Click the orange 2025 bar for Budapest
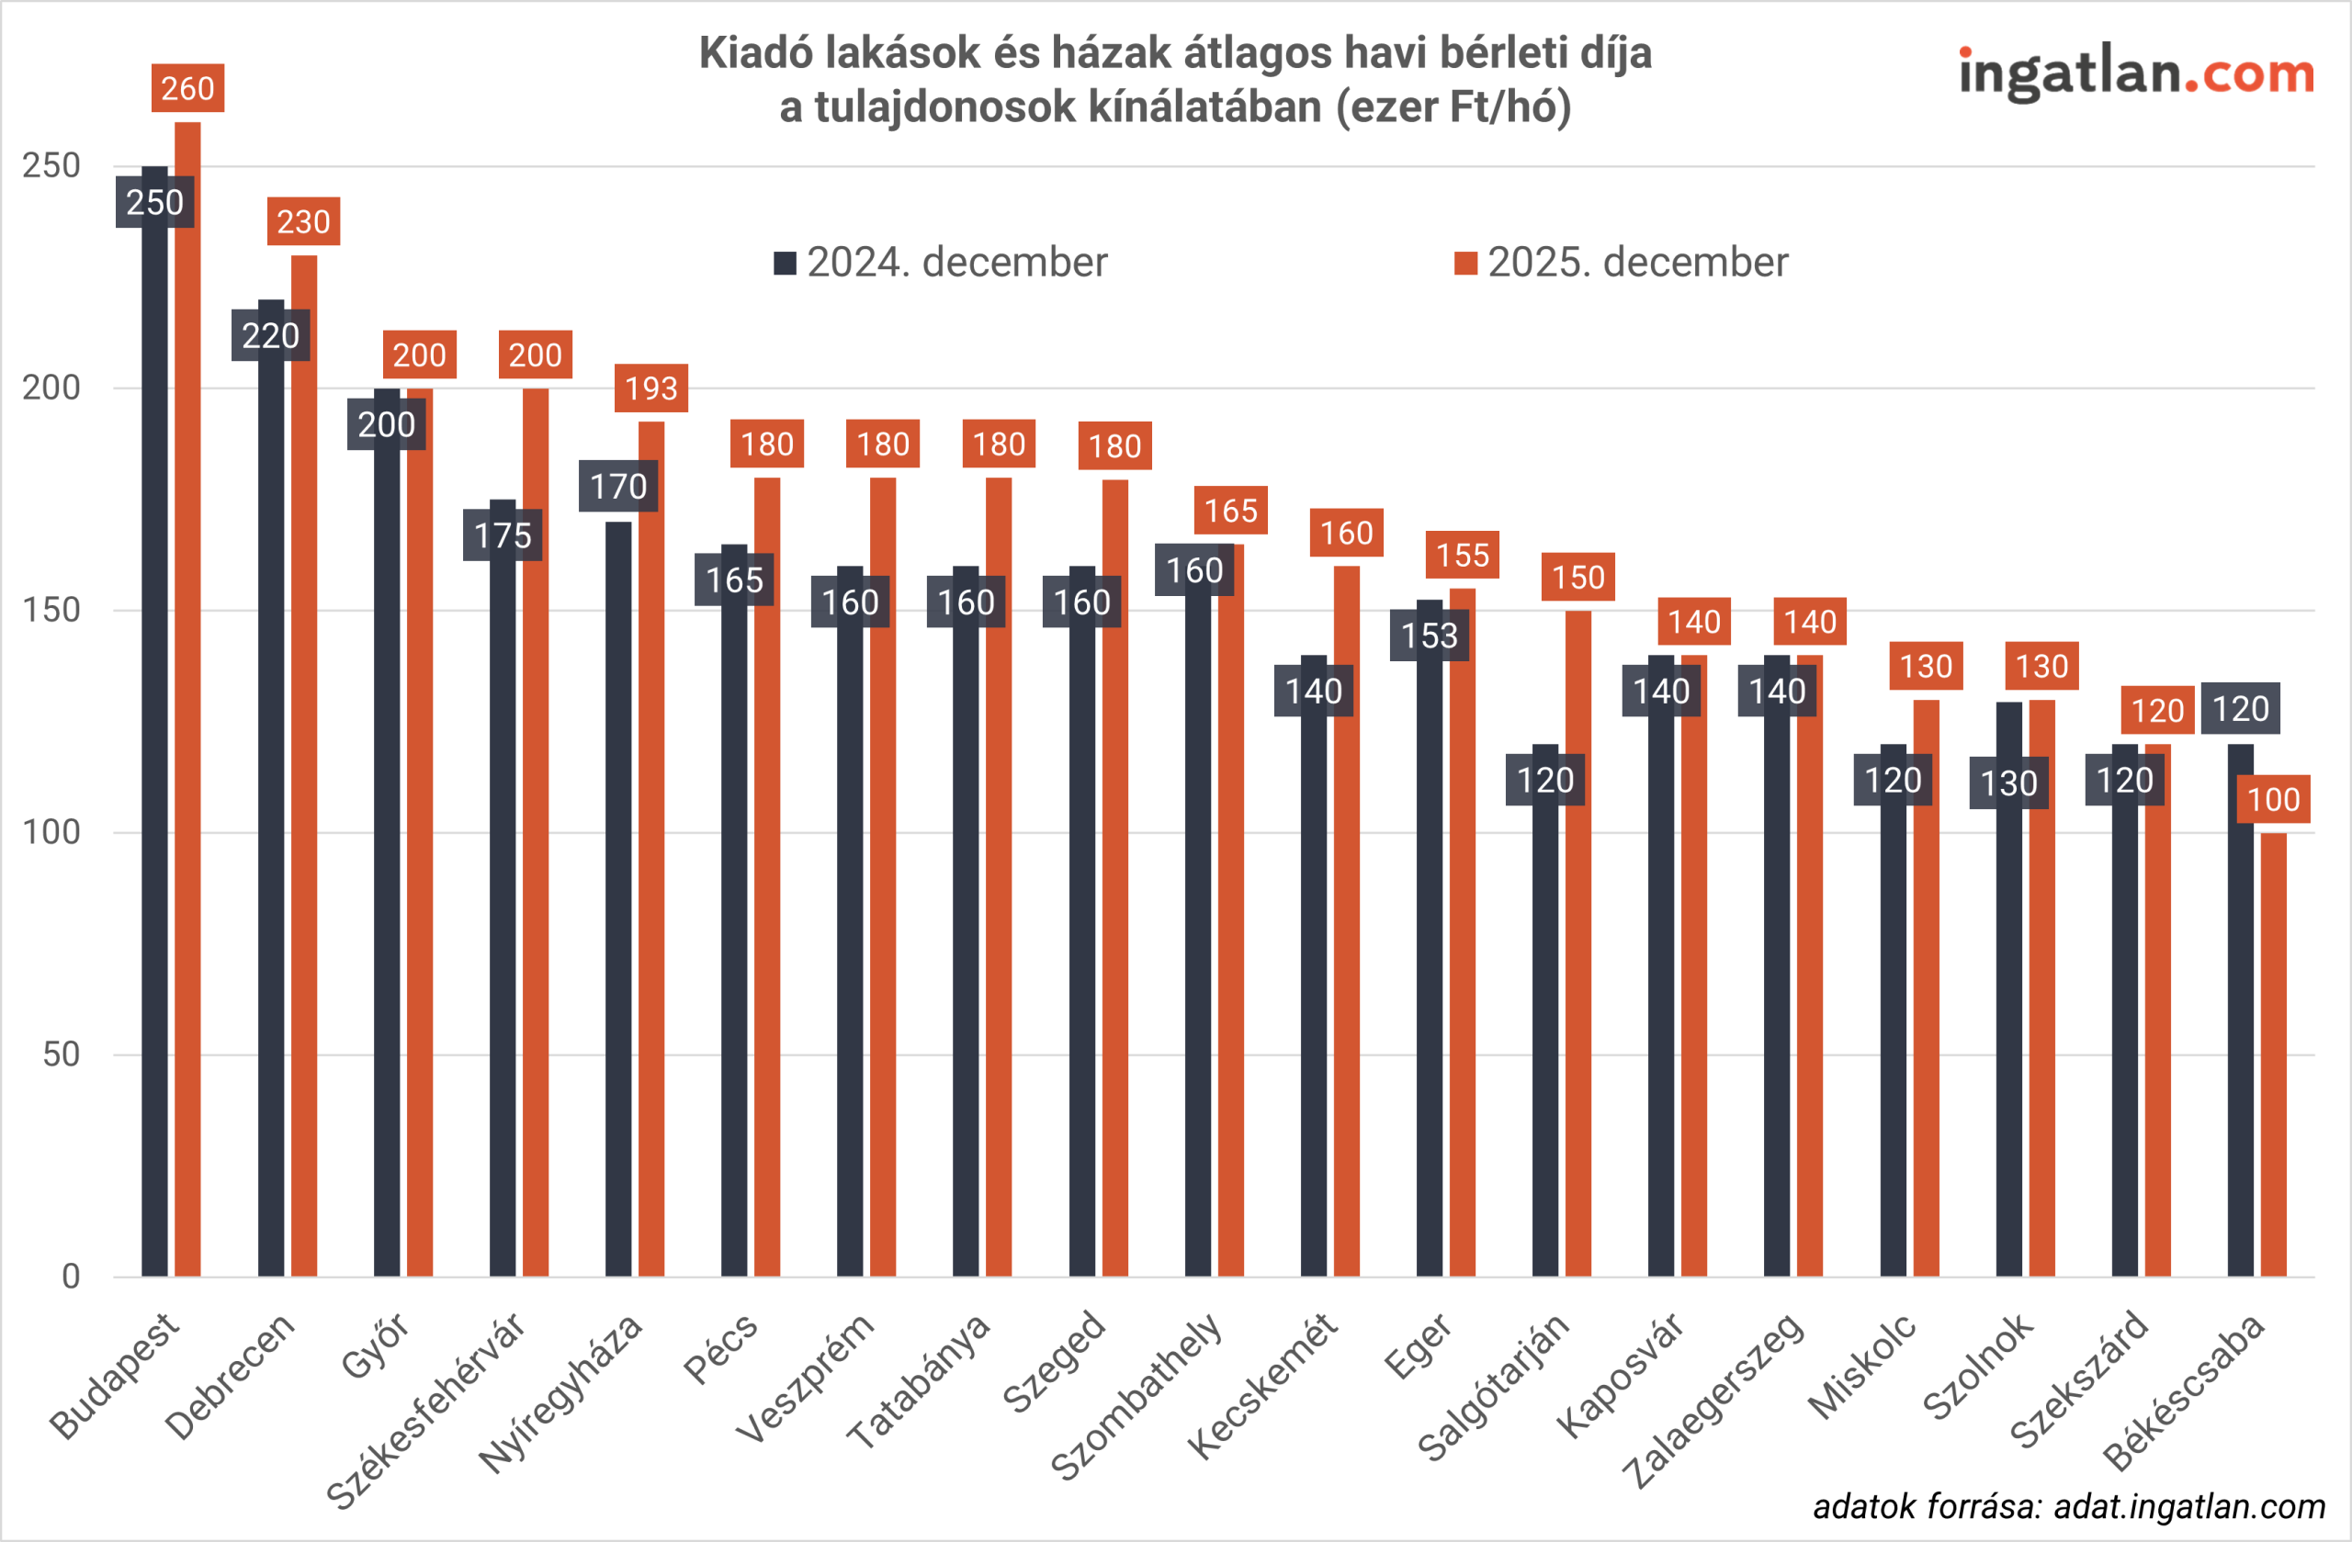187,692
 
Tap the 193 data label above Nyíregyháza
651,388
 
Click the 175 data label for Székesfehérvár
502,535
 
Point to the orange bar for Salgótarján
1578,939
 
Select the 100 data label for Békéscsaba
2273,799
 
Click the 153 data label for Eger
1429,636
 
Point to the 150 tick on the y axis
51,610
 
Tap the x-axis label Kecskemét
1262,1388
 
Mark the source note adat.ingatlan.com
2068,1506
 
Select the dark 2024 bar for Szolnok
2009,988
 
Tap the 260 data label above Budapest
187,88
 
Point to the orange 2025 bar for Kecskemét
1347,918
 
